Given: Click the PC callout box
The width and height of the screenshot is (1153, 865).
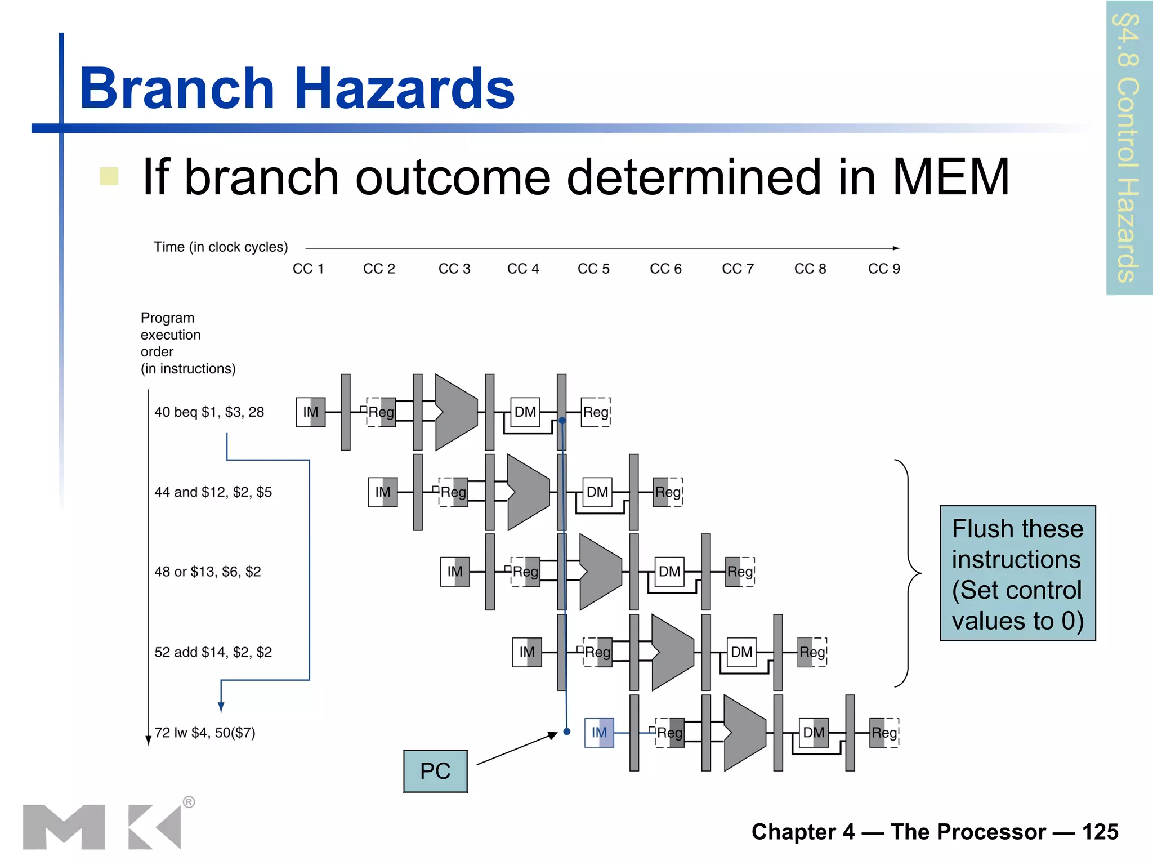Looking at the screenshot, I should pos(435,771).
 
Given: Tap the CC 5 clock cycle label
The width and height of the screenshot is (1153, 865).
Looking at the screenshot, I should pos(593,269).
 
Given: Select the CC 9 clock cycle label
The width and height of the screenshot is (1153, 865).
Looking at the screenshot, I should pos(884,269).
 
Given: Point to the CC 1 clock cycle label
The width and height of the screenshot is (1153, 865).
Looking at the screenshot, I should pos(308,269).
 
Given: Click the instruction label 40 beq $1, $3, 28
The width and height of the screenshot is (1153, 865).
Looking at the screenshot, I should pos(209,412).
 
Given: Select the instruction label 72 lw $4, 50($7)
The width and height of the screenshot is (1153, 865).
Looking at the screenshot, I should pos(205,733).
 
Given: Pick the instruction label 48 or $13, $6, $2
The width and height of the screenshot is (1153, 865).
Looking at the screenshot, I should pos(208,572).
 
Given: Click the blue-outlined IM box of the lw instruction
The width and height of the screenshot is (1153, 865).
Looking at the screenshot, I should pos(599,733).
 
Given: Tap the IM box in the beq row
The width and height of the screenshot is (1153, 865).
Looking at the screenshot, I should pos(311,412).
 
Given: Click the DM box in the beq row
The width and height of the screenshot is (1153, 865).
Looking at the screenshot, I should pos(525,412).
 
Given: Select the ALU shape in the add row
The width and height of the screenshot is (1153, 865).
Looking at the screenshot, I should pos(672,652).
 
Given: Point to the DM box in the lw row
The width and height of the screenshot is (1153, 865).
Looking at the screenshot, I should pos(814,733).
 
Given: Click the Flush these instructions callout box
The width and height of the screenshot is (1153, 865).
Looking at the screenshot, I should pos(1017,573).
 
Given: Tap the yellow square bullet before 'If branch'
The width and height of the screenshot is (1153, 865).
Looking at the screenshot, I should pos(109,176).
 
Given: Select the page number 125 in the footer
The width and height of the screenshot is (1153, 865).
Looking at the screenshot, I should pos(1100,832).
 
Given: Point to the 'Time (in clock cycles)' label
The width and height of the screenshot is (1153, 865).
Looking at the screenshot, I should pos(221,247).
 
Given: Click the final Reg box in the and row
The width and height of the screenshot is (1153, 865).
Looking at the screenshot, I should pos(668,492).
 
